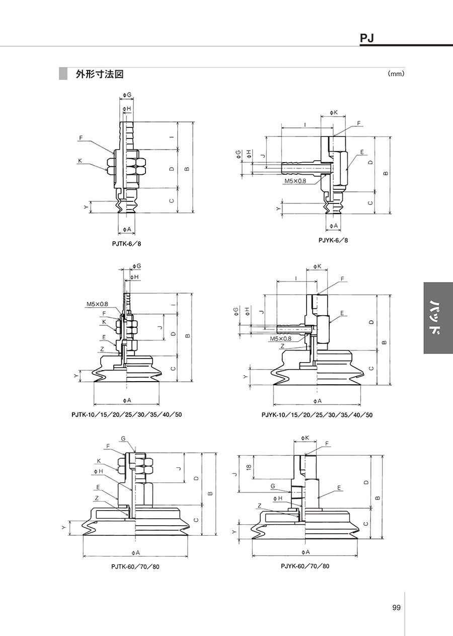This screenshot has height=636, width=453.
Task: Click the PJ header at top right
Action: click(367, 38)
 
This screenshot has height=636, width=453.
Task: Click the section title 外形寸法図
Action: click(99, 75)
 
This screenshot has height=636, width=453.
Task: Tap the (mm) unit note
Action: click(396, 74)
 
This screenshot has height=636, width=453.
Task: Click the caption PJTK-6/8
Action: click(126, 244)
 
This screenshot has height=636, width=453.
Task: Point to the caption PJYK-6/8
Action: click(333, 240)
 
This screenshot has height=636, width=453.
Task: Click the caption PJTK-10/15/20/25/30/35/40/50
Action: click(127, 415)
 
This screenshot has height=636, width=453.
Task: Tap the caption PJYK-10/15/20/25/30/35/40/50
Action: click(317, 415)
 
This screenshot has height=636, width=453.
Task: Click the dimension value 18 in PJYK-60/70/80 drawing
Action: click(249, 467)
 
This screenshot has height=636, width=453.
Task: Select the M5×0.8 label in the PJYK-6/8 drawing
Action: click(295, 181)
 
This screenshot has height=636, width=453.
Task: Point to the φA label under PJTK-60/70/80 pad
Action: click(136, 553)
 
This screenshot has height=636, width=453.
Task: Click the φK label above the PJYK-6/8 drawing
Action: click(334, 113)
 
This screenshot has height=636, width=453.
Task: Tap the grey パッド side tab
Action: click(438, 318)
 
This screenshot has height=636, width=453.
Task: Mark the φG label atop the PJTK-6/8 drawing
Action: click(127, 95)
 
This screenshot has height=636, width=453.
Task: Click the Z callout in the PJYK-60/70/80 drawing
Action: click(259, 506)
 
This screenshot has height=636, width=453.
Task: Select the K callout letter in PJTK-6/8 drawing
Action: click(80, 161)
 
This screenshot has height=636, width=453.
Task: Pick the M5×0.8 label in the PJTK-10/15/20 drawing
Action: click(97, 304)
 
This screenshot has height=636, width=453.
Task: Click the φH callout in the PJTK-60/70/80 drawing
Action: click(99, 471)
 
